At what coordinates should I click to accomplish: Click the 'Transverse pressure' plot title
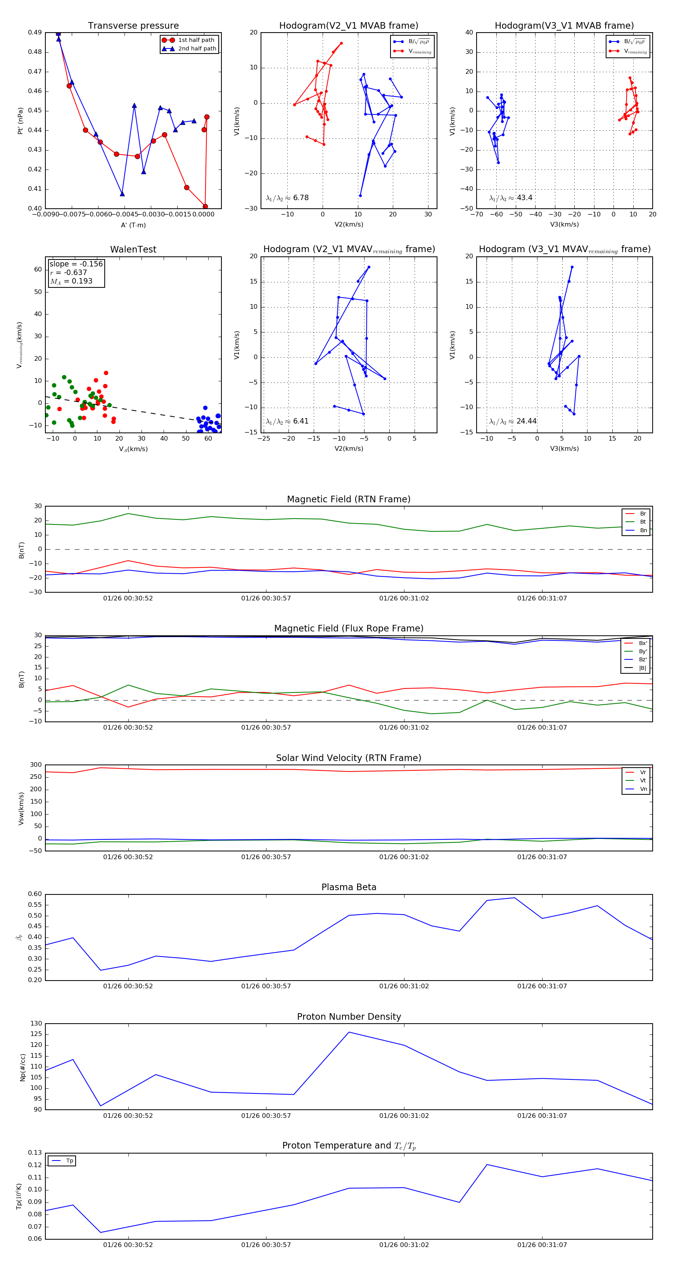click(x=133, y=26)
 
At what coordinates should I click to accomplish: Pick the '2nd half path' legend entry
click(x=197, y=49)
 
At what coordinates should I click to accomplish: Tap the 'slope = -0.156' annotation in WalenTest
click(x=76, y=264)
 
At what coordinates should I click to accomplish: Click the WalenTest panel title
click(x=133, y=249)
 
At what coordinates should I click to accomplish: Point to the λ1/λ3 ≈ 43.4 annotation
click(x=511, y=198)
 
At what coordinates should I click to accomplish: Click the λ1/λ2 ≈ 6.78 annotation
click(x=287, y=198)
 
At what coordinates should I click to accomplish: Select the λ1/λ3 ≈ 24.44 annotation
click(x=513, y=421)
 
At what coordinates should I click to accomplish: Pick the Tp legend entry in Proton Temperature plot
click(x=69, y=1161)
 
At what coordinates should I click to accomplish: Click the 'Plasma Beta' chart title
click(x=349, y=887)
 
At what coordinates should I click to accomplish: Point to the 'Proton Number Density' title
click(x=349, y=1017)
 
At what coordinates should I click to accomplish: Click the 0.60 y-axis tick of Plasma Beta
click(x=35, y=894)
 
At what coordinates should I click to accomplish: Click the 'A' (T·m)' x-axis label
click(x=133, y=225)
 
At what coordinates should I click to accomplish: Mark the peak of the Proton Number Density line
click(x=349, y=1032)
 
